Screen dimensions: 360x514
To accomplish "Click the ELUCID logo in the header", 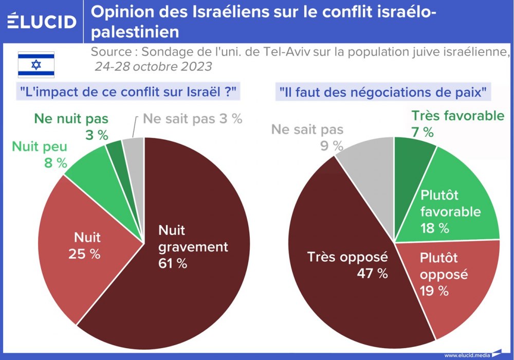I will (x=42, y=21).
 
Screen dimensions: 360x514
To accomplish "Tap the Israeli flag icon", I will (x=36, y=65).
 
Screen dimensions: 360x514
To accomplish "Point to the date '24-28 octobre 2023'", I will (x=153, y=67).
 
